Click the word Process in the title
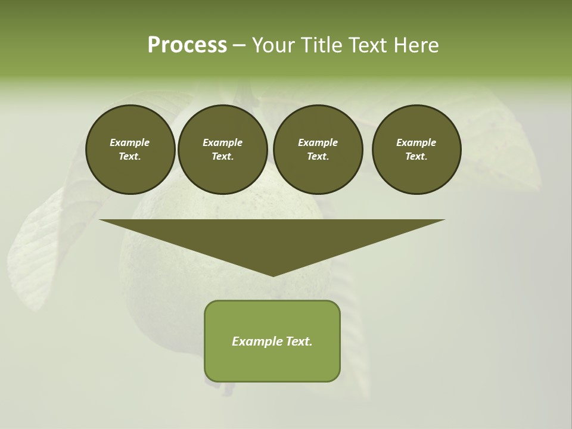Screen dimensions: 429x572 [187, 45]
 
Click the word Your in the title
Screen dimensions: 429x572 [274, 45]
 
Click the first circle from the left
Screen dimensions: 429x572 [130, 150]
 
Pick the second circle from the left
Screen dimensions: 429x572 [222, 150]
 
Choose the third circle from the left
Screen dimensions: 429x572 [318, 150]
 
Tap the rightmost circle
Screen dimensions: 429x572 [416, 150]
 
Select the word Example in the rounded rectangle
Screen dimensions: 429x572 [257, 341]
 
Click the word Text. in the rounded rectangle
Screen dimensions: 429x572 [299, 341]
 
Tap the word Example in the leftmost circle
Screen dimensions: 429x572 [130, 142]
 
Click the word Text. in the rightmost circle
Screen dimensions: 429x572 [416, 156]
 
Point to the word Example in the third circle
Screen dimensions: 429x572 [318, 142]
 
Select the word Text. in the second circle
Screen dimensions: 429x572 [222, 156]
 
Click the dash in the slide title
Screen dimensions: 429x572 [239, 45]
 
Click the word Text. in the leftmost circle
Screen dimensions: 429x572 [130, 156]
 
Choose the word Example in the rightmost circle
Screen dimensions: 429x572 [416, 142]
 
